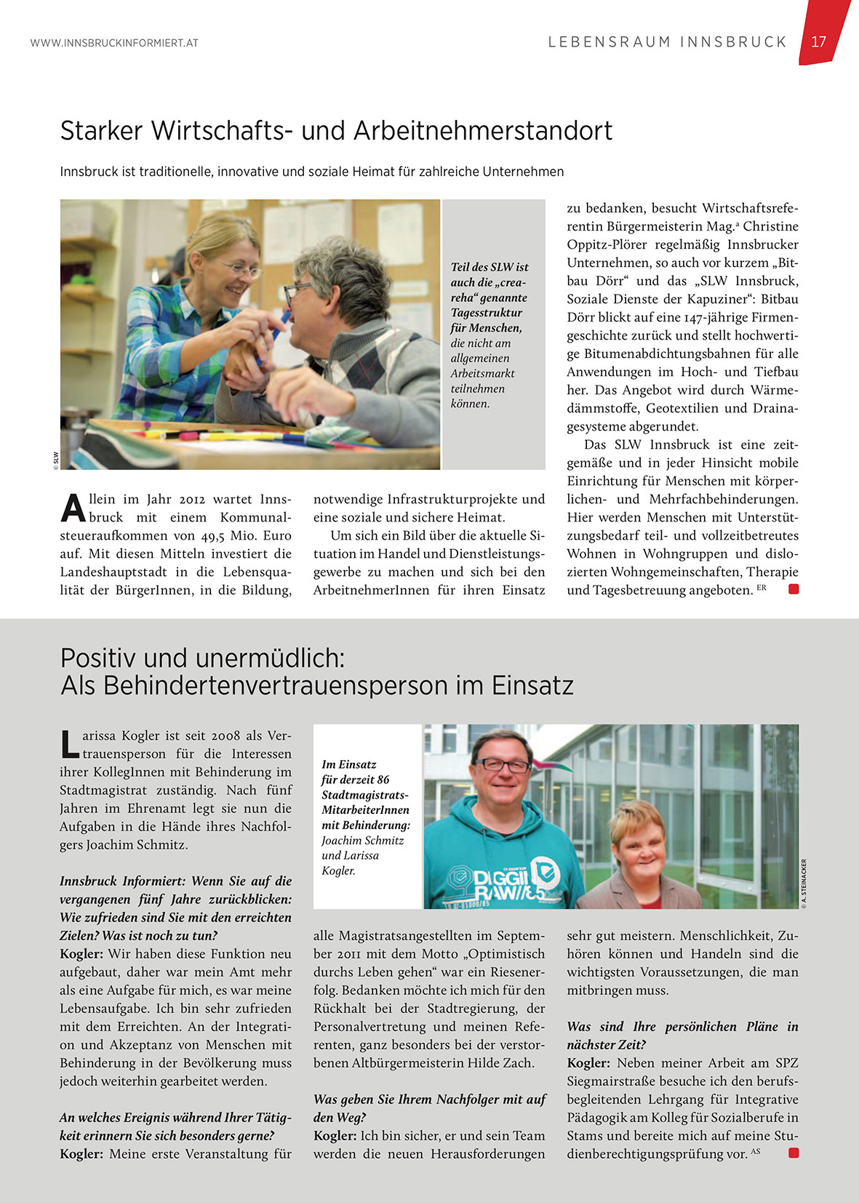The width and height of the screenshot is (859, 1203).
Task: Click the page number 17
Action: [818, 41]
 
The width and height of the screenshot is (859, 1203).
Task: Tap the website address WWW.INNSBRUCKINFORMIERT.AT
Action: [114, 43]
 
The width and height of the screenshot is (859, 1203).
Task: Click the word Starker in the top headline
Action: [101, 131]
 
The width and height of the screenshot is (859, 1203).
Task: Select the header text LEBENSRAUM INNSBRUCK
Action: [667, 41]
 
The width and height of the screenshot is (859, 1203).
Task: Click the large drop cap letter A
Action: [73, 508]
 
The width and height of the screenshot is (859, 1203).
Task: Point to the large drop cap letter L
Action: [69, 743]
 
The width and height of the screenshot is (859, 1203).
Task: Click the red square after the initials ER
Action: [794, 589]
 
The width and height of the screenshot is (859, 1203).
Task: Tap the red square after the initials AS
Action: [794, 1153]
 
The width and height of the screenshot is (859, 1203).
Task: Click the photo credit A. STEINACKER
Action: [804, 884]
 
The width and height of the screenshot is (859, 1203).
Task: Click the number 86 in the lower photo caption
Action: [383, 780]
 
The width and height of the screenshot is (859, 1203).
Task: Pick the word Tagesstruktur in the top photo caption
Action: [486, 313]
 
